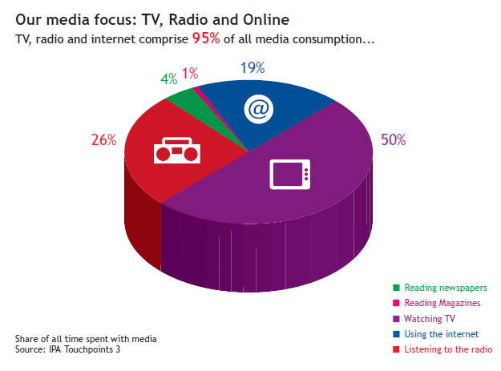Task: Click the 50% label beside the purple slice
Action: point(394,140)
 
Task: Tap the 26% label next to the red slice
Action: point(104,140)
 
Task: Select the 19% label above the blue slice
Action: point(253,67)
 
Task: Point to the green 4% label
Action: point(168,79)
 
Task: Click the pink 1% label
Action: point(190,74)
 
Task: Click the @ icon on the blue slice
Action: point(258,109)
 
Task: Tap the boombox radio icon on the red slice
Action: point(177,151)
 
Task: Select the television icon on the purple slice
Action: point(290,175)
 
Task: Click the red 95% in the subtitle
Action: point(206,38)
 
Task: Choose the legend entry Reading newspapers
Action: point(440,288)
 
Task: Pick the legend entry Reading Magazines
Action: point(437,303)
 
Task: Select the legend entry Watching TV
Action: point(424,319)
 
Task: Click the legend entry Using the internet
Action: point(436,334)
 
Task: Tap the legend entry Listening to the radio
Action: point(442,349)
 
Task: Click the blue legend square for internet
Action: point(396,334)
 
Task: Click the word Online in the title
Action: point(266,20)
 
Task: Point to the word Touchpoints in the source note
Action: point(89,349)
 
